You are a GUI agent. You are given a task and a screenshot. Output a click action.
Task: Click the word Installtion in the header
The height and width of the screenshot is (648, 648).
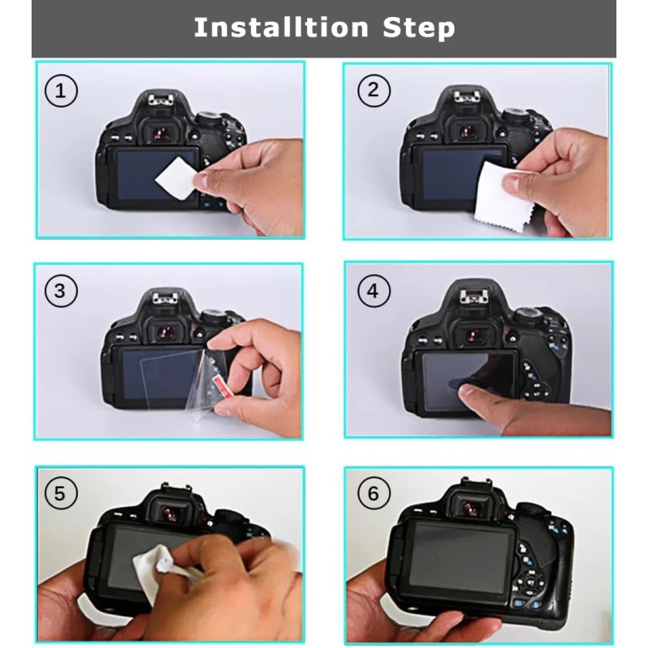click(x=281, y=28)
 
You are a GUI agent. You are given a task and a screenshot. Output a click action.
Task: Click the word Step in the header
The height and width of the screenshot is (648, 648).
click(x=419, y=28)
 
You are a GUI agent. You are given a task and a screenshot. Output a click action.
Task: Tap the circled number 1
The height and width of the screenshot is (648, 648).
click(x=61, y=91)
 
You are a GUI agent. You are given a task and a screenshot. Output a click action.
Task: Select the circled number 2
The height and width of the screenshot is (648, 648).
click(x=373, y=91)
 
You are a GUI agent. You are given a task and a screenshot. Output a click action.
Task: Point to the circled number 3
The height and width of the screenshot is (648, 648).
click(x=61, y=291)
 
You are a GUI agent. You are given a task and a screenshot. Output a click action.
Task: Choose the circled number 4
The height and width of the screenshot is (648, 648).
click(x=373, y=291)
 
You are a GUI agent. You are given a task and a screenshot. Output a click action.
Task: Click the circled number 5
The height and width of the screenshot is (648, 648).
click(x=61, y=493)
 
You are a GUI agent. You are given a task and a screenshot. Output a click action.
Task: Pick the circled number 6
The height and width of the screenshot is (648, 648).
click(x=373, y=493)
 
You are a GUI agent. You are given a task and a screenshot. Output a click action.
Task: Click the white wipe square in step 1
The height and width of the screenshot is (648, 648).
click(x=176, y=177)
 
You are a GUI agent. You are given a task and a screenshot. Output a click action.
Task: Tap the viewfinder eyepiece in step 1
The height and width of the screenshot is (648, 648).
click(x=160, y=133)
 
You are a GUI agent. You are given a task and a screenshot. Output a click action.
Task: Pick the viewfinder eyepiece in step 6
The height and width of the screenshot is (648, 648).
click(x=471, y=508)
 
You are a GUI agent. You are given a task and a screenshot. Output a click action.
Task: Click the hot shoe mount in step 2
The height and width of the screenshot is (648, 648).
click(x=470, y=97)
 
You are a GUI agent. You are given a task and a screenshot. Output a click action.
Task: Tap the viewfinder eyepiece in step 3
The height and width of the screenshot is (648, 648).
click(x=167, y=331)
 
